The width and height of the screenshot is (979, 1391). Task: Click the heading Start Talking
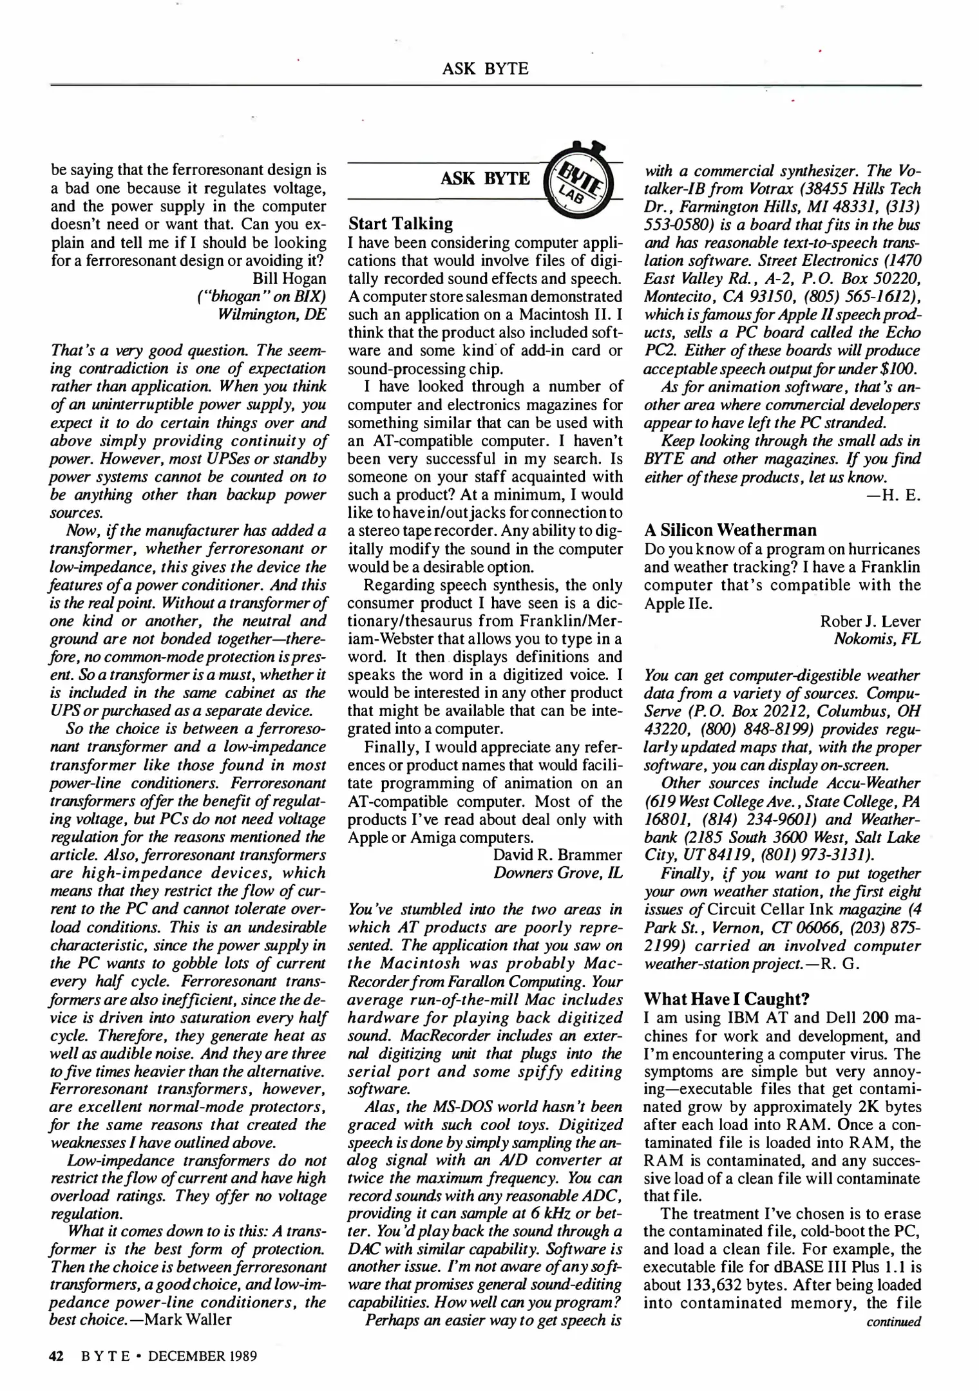(400, 224)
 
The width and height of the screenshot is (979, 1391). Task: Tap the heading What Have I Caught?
(727, 999)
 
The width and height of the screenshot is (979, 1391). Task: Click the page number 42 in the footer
(57, 1356)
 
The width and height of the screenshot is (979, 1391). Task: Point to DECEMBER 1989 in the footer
(202, 1356)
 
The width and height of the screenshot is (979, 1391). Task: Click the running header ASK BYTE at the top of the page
(485, 68)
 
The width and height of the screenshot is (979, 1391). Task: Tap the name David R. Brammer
(558, 855)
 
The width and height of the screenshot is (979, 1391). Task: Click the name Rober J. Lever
(870, 621)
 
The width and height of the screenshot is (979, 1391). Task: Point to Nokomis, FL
(877, 639)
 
